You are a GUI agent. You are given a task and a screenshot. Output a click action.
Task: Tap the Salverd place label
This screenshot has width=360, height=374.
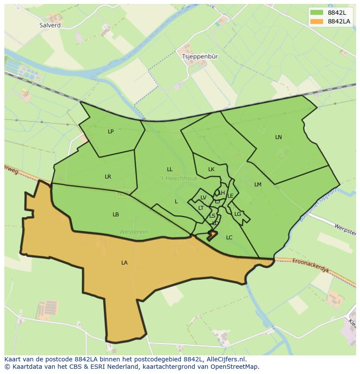click(50, 25)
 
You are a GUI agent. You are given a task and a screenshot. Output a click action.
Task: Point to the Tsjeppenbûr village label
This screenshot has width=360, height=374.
click(200, 56)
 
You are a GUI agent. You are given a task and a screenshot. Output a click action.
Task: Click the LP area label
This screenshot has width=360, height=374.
click(110, 131)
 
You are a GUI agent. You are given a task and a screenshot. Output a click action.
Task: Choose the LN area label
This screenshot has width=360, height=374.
click(278, 137)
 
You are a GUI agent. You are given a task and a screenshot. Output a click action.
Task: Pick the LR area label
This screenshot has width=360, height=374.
click(108, 176)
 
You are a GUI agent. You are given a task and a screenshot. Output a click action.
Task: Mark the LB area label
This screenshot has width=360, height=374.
click(116, 214)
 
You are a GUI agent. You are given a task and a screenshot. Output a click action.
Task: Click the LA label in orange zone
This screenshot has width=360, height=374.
click(124, 262)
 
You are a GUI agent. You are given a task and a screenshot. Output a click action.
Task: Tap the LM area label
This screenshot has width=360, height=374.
click(258, 184)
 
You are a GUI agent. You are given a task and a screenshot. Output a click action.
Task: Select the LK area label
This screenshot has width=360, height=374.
click(211, 169)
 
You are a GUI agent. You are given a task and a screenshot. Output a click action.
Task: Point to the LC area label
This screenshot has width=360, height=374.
click(229, 237)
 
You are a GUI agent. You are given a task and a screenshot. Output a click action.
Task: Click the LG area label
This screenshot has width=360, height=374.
click(237, 214)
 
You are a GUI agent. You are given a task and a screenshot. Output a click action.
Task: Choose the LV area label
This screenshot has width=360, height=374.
click(203, 198)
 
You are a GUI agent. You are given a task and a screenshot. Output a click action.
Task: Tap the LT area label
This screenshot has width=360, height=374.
click(201, 208)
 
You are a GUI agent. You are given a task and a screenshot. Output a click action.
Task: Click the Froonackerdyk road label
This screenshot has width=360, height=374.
click(311, 266)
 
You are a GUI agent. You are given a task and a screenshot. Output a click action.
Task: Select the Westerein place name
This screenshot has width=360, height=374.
click(133, 232)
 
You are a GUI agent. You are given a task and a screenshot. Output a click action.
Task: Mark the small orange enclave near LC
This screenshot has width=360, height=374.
click(212, 235)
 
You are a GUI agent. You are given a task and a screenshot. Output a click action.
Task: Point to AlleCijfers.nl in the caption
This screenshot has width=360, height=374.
click(225, 359)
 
